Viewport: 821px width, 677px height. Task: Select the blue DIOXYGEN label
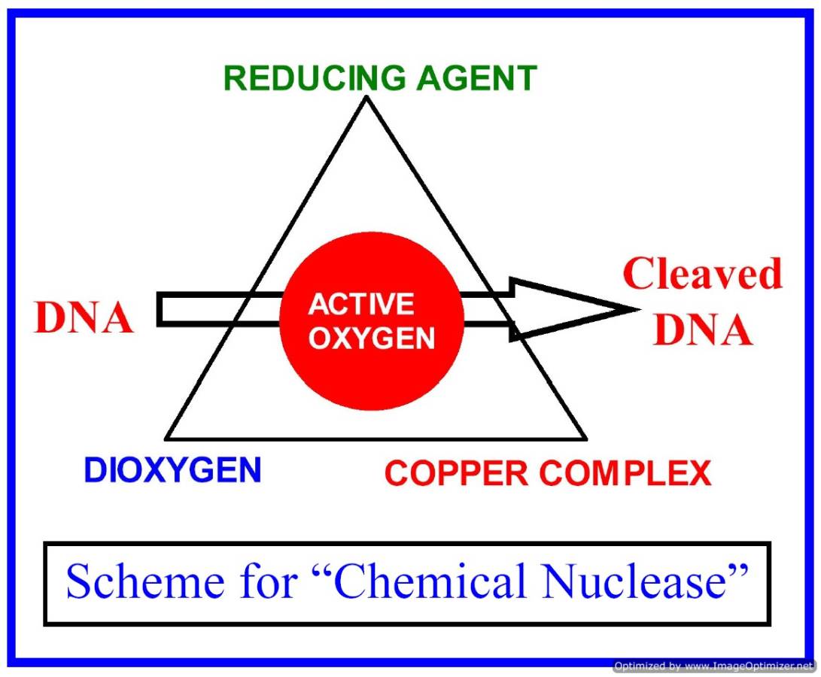(x=172, y=471)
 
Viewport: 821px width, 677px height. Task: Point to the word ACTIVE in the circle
(x=361, y=304)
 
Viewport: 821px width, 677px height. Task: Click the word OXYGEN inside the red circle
(x=372, y=338)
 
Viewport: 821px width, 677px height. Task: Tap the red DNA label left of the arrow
(x=84, y=319)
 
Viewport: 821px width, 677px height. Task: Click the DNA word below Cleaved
(x=702, y=331)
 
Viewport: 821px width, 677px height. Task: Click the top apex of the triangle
(x=366, y=97)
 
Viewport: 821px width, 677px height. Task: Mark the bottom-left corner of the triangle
(x=166, y=439)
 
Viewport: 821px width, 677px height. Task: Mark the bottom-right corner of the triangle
(x=585, y=439)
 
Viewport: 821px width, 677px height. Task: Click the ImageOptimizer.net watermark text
(x=714, y=666)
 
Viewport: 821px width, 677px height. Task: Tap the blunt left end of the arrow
(x=160, y=309)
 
